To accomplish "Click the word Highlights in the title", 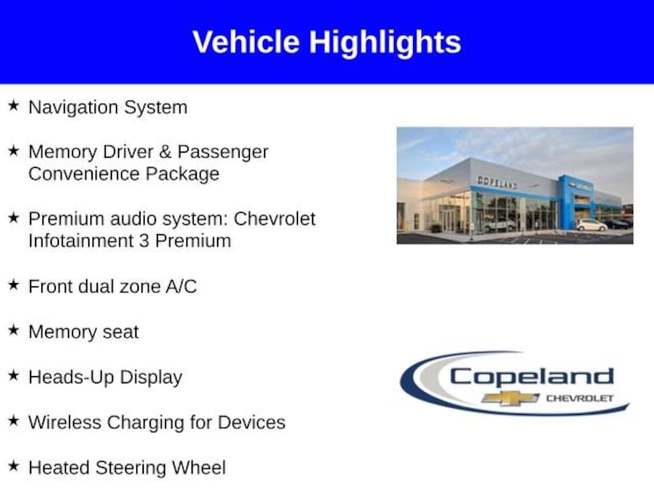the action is (x=385, y=43).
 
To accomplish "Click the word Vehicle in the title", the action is (x=246, y=42).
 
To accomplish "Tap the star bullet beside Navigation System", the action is (x=14, y=105).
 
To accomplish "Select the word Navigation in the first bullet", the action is (x=73, y=107).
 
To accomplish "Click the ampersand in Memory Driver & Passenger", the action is (x=165, y=152).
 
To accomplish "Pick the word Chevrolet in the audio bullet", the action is (x=275, y=219).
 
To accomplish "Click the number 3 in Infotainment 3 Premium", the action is (x=144, y=241).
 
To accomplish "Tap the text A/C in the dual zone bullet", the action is (x=181, y=286).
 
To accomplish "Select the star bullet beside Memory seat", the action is (x=14, y=330).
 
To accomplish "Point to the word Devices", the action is (x=252, y=422).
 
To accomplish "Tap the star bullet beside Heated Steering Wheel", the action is (x=14, y=466).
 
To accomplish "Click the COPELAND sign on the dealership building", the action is (x=497, y=182).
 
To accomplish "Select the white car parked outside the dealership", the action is (x=591, y=225).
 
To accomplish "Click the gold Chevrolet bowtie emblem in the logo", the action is (x=510, y=398).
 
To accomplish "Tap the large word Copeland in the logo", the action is (x=532, y=378).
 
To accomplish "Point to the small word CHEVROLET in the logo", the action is (x=580, y=398).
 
